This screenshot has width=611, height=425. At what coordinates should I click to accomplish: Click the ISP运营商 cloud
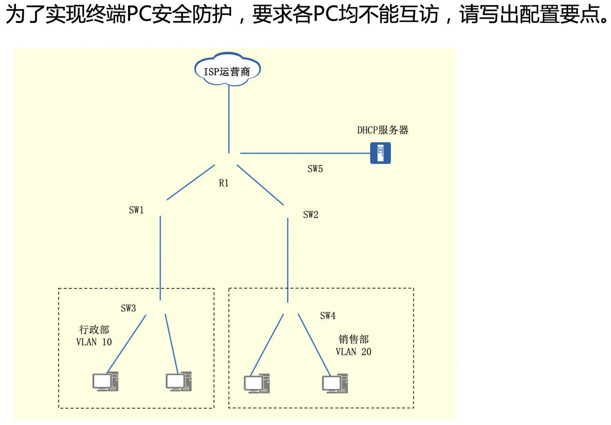coord(227,70)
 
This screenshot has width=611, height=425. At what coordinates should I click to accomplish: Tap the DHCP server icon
coord(380,153)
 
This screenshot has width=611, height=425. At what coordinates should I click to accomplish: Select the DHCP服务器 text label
coord(382,130)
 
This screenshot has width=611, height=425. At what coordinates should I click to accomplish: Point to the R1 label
coord(224,183)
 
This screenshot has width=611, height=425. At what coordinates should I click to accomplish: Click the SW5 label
coord(315,168)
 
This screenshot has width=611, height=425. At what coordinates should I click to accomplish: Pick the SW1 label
coord(136,210)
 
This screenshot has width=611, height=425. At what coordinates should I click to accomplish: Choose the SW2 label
coord(310,215)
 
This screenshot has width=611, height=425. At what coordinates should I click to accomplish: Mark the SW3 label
coord(128,308)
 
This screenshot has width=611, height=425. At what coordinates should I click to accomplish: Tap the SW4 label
coord(327,316)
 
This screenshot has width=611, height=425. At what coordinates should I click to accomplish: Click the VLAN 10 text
coord(94,342)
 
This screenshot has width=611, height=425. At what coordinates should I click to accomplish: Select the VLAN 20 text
coord(353,352)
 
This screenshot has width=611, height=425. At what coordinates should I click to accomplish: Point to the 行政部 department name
coord(94,330)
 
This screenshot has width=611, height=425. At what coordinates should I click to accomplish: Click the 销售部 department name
coord(353,339)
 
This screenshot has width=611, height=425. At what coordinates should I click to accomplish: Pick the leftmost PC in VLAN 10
coord(105,381)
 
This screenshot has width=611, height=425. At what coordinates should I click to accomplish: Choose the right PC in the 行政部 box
coord(179,381)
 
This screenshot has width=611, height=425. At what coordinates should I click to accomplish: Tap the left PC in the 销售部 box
coord(257,384)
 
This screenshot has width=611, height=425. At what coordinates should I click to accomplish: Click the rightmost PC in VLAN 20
coord(335,384)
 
